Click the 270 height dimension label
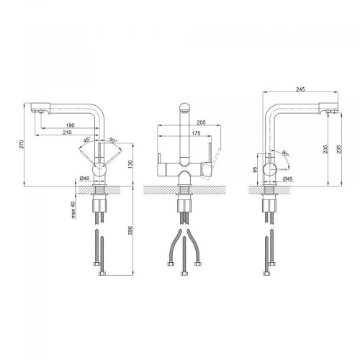coord(22,144)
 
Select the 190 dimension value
coord(70,125)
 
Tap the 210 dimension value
coord(67,132)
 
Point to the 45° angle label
coord(87,140)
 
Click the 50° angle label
coord(113,140)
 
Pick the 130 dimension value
coord(130,164)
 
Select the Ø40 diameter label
coord(84,178)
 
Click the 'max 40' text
coord(73,210)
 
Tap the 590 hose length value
coord(130,230)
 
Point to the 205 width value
coord(201,122)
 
